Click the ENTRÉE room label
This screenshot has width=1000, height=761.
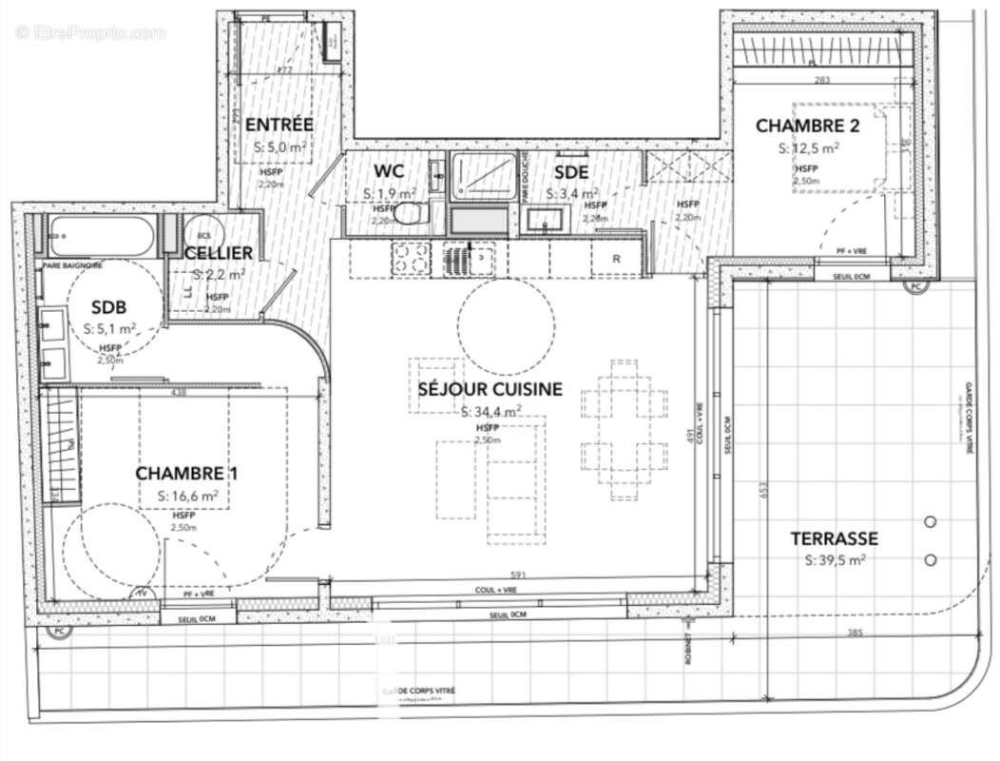[279, 125]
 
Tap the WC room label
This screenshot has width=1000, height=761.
[389, 171]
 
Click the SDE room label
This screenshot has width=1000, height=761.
[571, 171]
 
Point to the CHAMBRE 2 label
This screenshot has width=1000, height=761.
[807, 126]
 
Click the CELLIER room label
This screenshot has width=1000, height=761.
[219, 252]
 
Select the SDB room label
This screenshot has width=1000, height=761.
[109, 307]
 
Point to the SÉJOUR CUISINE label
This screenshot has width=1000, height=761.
[490, 389]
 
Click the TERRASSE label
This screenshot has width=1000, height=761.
[834, 538]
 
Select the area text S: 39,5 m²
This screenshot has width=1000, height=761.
[834, 560]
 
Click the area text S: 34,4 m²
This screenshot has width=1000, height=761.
[490, 412]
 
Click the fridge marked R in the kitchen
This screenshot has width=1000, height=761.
[616, 258]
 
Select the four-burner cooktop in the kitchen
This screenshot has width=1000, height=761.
[410, 257]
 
